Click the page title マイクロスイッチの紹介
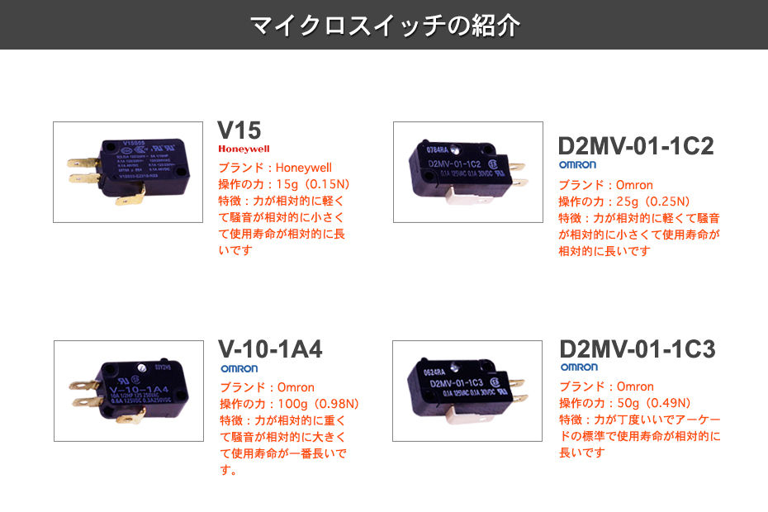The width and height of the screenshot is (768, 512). [x=384, y=25]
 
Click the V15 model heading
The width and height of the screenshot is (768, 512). [x=239, y=130]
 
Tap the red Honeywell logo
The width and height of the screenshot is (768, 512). [x=244, y=149]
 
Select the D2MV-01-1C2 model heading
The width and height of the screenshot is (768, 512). [x=635, y=146]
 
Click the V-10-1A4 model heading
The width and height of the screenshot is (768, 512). [x=270, y=349]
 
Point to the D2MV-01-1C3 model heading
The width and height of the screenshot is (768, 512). [x=637, y=349]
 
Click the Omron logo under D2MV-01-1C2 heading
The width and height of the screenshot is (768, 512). [x=577, y=165]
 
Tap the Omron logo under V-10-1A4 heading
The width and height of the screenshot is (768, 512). [x=239, y=368]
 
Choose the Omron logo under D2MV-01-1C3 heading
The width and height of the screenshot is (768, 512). [x=579, y=367]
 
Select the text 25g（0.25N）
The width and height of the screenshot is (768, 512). [x=654, y=201]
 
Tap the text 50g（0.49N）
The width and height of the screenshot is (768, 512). [x=654, y=403]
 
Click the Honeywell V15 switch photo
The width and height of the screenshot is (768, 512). [x=128, y=172]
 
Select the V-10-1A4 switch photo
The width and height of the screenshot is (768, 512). [x=128, y=391]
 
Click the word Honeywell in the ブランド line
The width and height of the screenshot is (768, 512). [x=303, y=168]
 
